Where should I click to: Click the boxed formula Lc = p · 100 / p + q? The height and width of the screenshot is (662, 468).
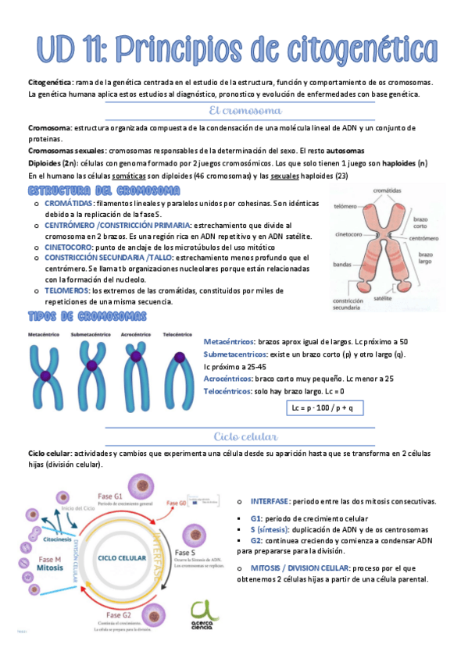point(322,408)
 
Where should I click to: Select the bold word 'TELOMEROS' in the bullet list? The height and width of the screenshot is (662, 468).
point(66,290)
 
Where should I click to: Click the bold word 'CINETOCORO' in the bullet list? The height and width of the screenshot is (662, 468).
point(71,247)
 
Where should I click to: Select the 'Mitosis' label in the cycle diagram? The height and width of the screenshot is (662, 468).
point(48,568)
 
